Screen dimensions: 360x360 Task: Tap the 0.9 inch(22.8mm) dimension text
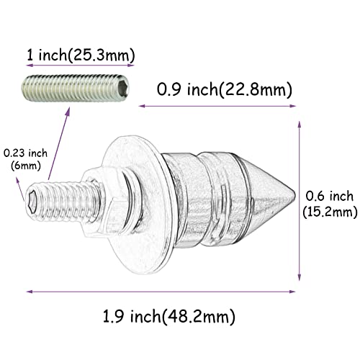tap(225, 90)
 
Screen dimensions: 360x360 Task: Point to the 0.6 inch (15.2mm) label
tap(329, 203)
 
